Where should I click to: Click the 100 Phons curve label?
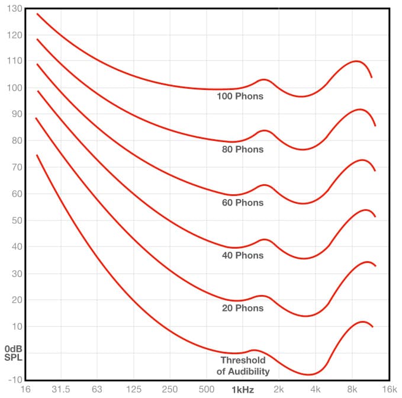click(x=240, y=96)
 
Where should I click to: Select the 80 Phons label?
click(x=242, y=149)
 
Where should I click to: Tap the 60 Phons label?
click(x=242, y=203)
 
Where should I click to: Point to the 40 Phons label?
click(x=242, y=255)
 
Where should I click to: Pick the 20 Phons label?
click(x=242, y=308)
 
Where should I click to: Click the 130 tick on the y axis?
click(x=12, y=8)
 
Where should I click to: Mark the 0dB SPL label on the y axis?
click(x=12, y=353)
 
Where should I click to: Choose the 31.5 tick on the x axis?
click(x=61, y=389)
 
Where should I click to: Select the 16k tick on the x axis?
click(x=388, y=389)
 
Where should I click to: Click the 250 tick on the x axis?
click(x=170, y=389)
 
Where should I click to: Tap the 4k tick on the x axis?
click(x=315, y=389)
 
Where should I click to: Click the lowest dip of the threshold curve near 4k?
click(x=309, y=374)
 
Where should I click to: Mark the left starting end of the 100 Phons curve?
click(x=37, y=13)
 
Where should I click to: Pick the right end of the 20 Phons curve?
click(x=376, y=266)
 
